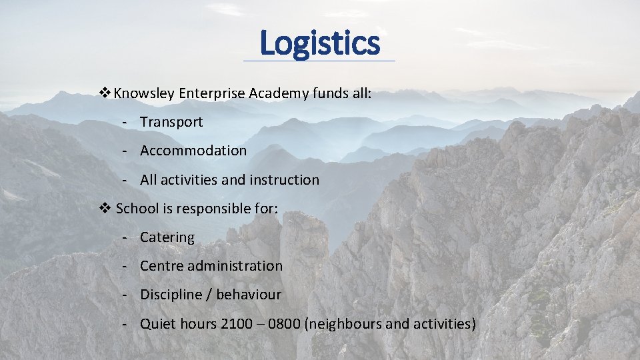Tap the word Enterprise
click(x=213, y=93)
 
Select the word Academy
click(x=279, y=94)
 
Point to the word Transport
click(x=171, y=122)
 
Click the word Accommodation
click(x=193, y=151)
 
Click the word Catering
click(x=167, y=237)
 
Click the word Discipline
click(x=172, y=295)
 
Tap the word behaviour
click(x=249, y=295)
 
